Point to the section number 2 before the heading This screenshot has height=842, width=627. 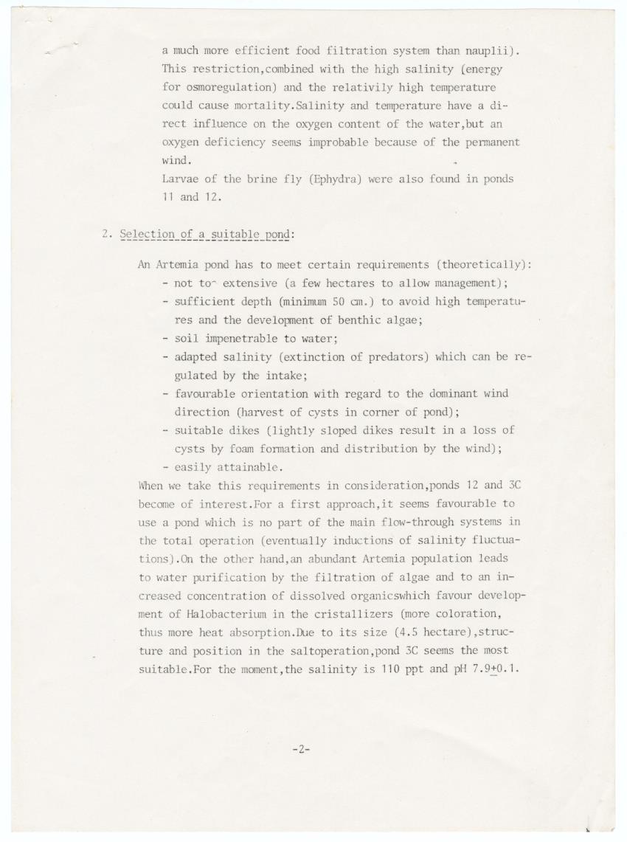pos(105,235)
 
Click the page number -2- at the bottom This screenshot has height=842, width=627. pos(301,749)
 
